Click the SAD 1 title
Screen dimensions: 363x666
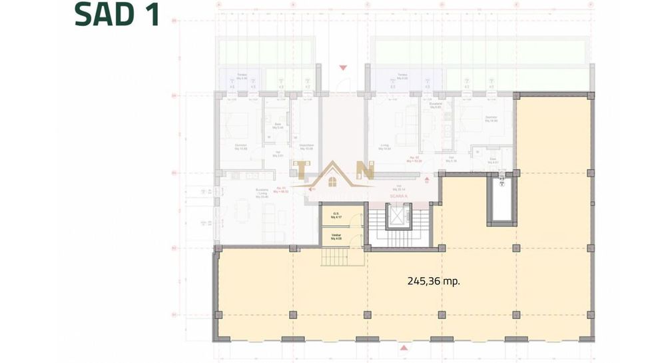click(x=117, y=15)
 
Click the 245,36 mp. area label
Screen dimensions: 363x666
click(x=434, y=281)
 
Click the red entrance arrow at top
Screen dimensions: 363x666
click(x=343, y=67)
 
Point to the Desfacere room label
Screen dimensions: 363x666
click(x=306, y=148)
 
